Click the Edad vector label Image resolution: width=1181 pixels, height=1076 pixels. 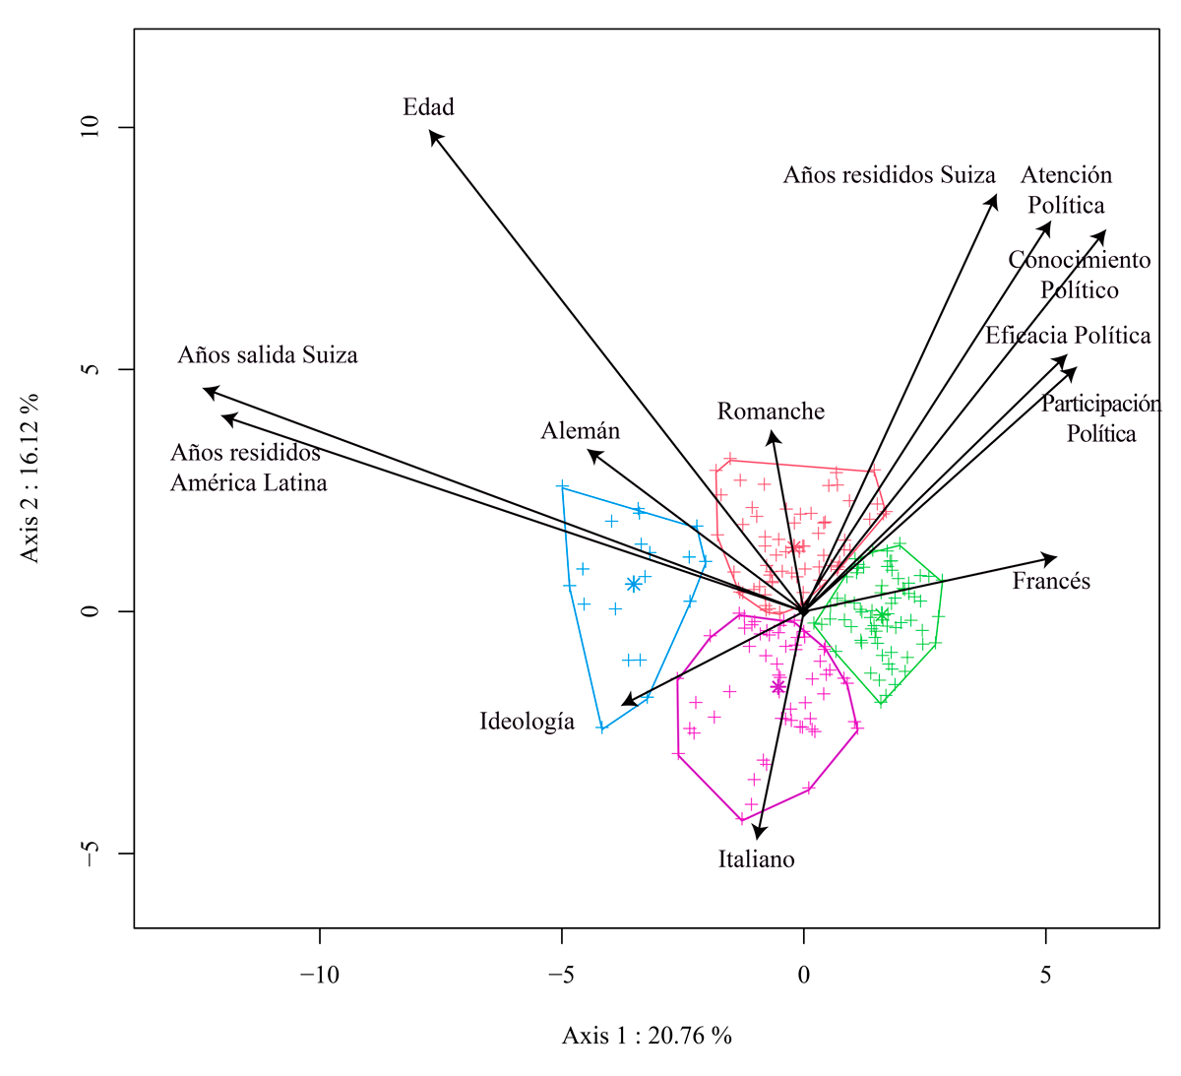(428, 106)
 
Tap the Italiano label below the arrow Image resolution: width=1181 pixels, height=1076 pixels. (756, 859)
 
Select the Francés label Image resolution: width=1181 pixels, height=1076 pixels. (1051, 581)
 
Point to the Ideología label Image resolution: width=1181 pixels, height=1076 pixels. (527, 722)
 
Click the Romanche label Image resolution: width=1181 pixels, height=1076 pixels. (771, 411)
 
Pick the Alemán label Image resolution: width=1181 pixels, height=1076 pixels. (581, 431)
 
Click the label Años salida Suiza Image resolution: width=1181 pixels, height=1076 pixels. (268, 354)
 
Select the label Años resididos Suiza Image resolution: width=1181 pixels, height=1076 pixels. (889, 175)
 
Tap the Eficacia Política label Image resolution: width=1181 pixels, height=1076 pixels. (1068, 336)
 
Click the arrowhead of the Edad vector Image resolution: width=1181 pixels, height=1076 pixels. (432, 132)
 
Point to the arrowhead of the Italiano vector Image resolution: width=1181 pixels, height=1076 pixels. (759, 836)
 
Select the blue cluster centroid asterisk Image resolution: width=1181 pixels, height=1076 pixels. (634, 584)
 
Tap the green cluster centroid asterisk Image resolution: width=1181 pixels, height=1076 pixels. (882, 615)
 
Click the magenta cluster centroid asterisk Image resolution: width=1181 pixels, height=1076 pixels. (778, 685)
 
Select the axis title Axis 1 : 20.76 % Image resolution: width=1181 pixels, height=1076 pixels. (647, 1035)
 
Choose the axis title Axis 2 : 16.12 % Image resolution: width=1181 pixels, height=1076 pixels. (31, 477)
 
